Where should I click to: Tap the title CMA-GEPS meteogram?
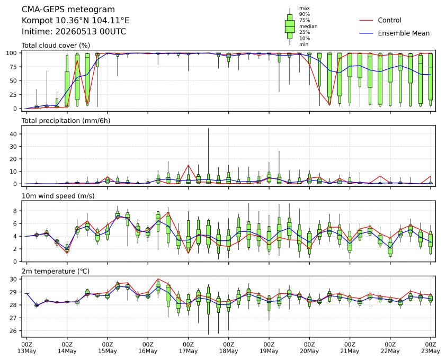(68, 10)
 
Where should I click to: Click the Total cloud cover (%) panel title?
(56, 46)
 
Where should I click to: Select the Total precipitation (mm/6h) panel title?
(66, 121)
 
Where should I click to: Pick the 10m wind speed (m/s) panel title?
(58, 196)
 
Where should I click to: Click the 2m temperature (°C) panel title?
(56, 271)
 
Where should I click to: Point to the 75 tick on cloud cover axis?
(14, 67)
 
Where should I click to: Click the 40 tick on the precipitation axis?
(14, 134)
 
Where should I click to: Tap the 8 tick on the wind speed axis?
(15, 211)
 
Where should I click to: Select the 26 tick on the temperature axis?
(14, 331)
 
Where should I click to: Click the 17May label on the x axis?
(188, 351)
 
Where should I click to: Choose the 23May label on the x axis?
(431, 351)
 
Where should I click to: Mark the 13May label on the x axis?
(26, 351)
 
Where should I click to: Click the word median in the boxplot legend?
(308, 26)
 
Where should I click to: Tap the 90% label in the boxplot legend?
(305, 14)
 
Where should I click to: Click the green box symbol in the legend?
(290, 26)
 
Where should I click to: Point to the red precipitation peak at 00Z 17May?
(188, 165)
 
